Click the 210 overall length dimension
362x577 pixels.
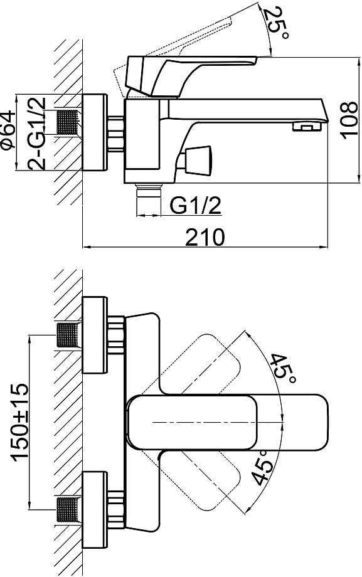pos(205,236)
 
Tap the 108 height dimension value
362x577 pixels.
pos(349,120)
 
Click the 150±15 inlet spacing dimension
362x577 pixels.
pos(19,422)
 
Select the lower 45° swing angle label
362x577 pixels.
pos(264,468)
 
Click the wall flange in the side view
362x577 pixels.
pos(95,132)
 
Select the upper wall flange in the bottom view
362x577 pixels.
pos(95,334)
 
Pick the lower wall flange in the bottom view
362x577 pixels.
pos(95,510)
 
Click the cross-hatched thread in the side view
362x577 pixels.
pos(68,122)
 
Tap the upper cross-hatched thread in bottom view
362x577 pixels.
pos(68,334)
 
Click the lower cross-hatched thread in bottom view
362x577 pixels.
pos(68,510)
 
